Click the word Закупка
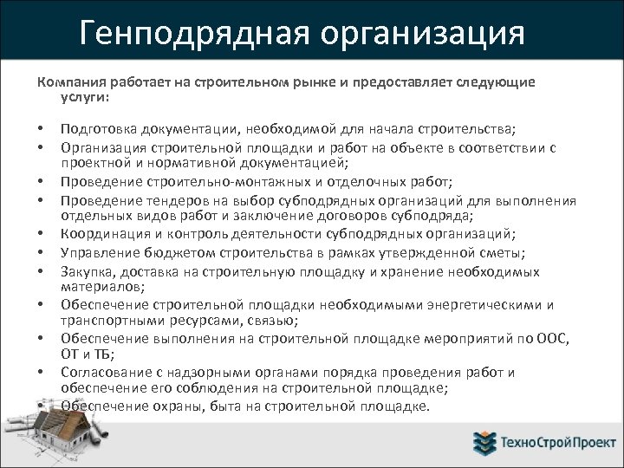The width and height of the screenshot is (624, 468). pos(85,270)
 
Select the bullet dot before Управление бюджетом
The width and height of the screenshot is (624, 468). pos(41,252)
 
